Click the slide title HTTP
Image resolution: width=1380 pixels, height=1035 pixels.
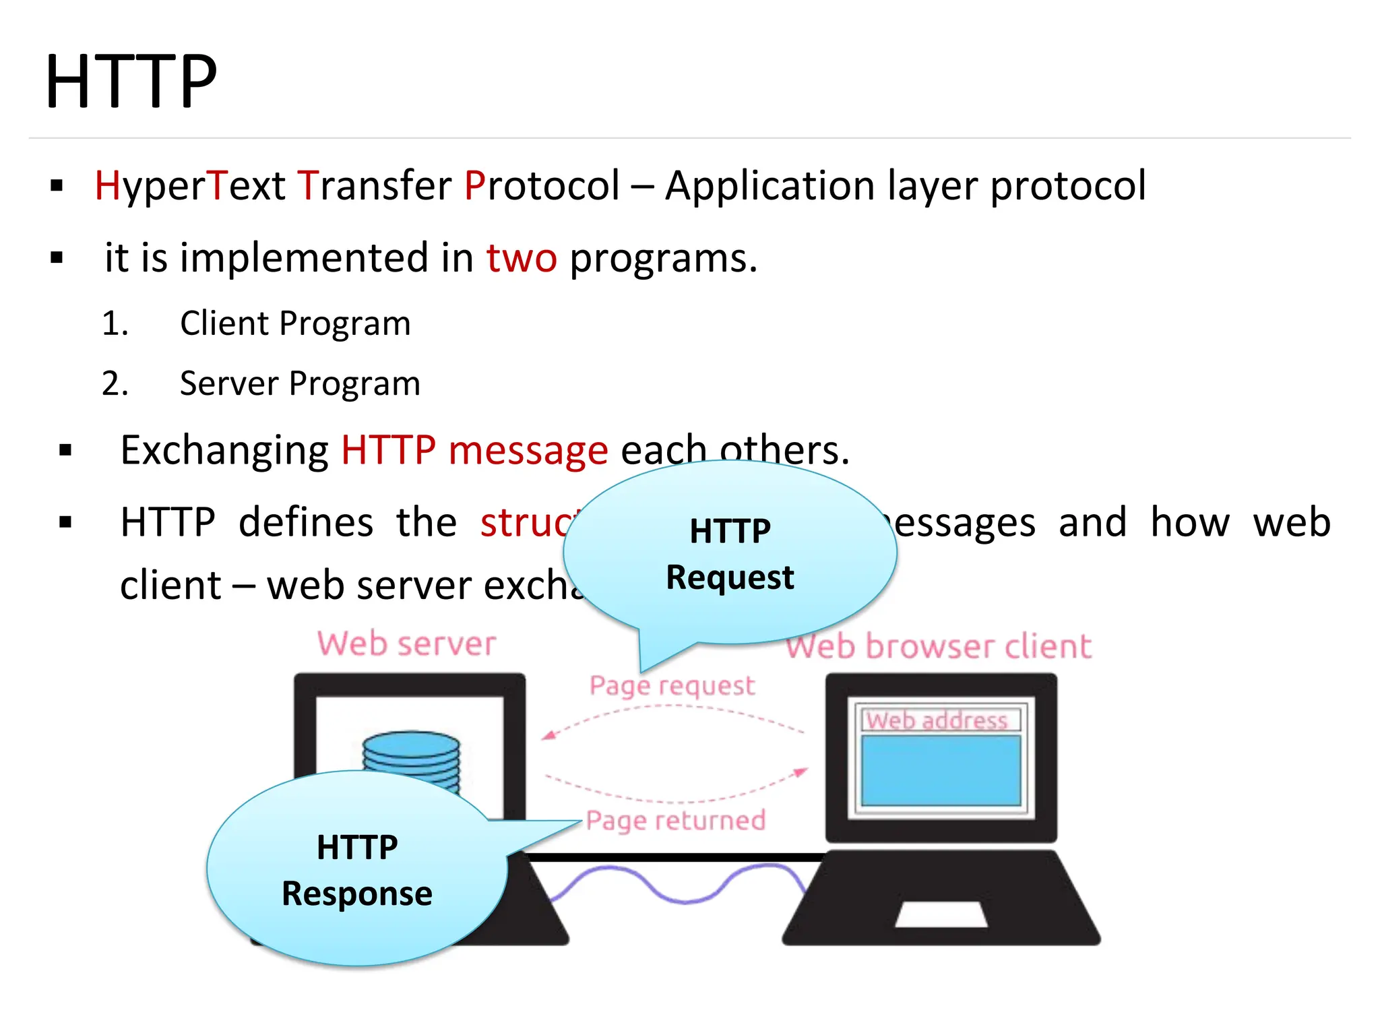[x=131, y=82]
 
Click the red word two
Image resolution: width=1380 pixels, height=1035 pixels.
[x=522, y=258]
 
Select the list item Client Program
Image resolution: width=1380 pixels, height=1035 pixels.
[x=294, y=323]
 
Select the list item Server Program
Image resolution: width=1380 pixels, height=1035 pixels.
[x=300, y=383]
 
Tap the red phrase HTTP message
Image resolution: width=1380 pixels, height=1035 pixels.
[x=474, y=450]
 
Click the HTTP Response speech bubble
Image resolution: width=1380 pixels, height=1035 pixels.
[x=356, y=870]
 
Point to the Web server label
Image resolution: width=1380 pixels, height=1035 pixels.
[x=407, y=644]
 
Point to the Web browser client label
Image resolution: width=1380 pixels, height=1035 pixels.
[x=938, y=647]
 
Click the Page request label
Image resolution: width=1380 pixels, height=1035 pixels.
[x=672, y=686]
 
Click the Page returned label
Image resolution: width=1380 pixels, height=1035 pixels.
[x=676, y=821]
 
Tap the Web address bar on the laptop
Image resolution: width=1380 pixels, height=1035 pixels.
[x=937, y=720]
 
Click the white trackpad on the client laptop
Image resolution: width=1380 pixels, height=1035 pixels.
[x=941, y=914]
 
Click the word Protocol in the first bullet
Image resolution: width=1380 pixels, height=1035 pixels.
[x=542, y=185]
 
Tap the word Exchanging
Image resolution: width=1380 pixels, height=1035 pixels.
[x=224, y=450]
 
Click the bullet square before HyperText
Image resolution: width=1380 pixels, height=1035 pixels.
[x=57, y=186]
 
